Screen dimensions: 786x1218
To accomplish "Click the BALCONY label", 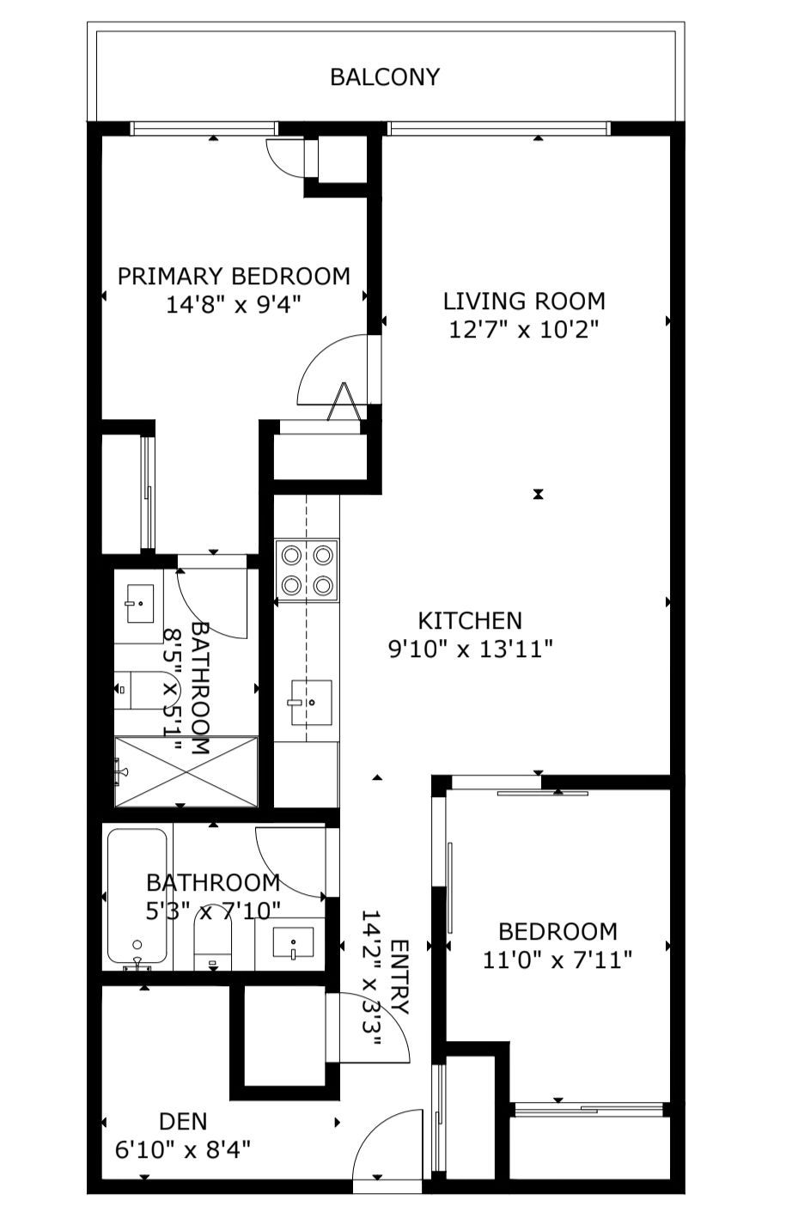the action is point(385,77).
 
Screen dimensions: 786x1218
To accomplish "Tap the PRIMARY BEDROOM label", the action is point(234,277).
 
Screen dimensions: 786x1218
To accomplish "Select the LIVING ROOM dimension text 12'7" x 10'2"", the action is point(524,330).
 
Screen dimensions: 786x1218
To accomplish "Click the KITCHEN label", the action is point(470,620).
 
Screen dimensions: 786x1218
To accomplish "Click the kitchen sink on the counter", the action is point(311,702).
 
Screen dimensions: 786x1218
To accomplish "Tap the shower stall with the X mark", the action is point(186,771).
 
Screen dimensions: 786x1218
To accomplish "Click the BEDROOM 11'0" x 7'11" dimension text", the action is point(558,959).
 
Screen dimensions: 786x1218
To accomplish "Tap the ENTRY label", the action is point(399,977).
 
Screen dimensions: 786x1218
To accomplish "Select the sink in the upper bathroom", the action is point(140,604).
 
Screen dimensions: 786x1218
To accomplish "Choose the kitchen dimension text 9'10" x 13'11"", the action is point(470,649).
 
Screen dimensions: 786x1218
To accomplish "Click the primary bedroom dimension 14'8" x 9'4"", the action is point(234,304).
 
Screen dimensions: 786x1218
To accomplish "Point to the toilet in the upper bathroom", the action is point(148,690).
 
